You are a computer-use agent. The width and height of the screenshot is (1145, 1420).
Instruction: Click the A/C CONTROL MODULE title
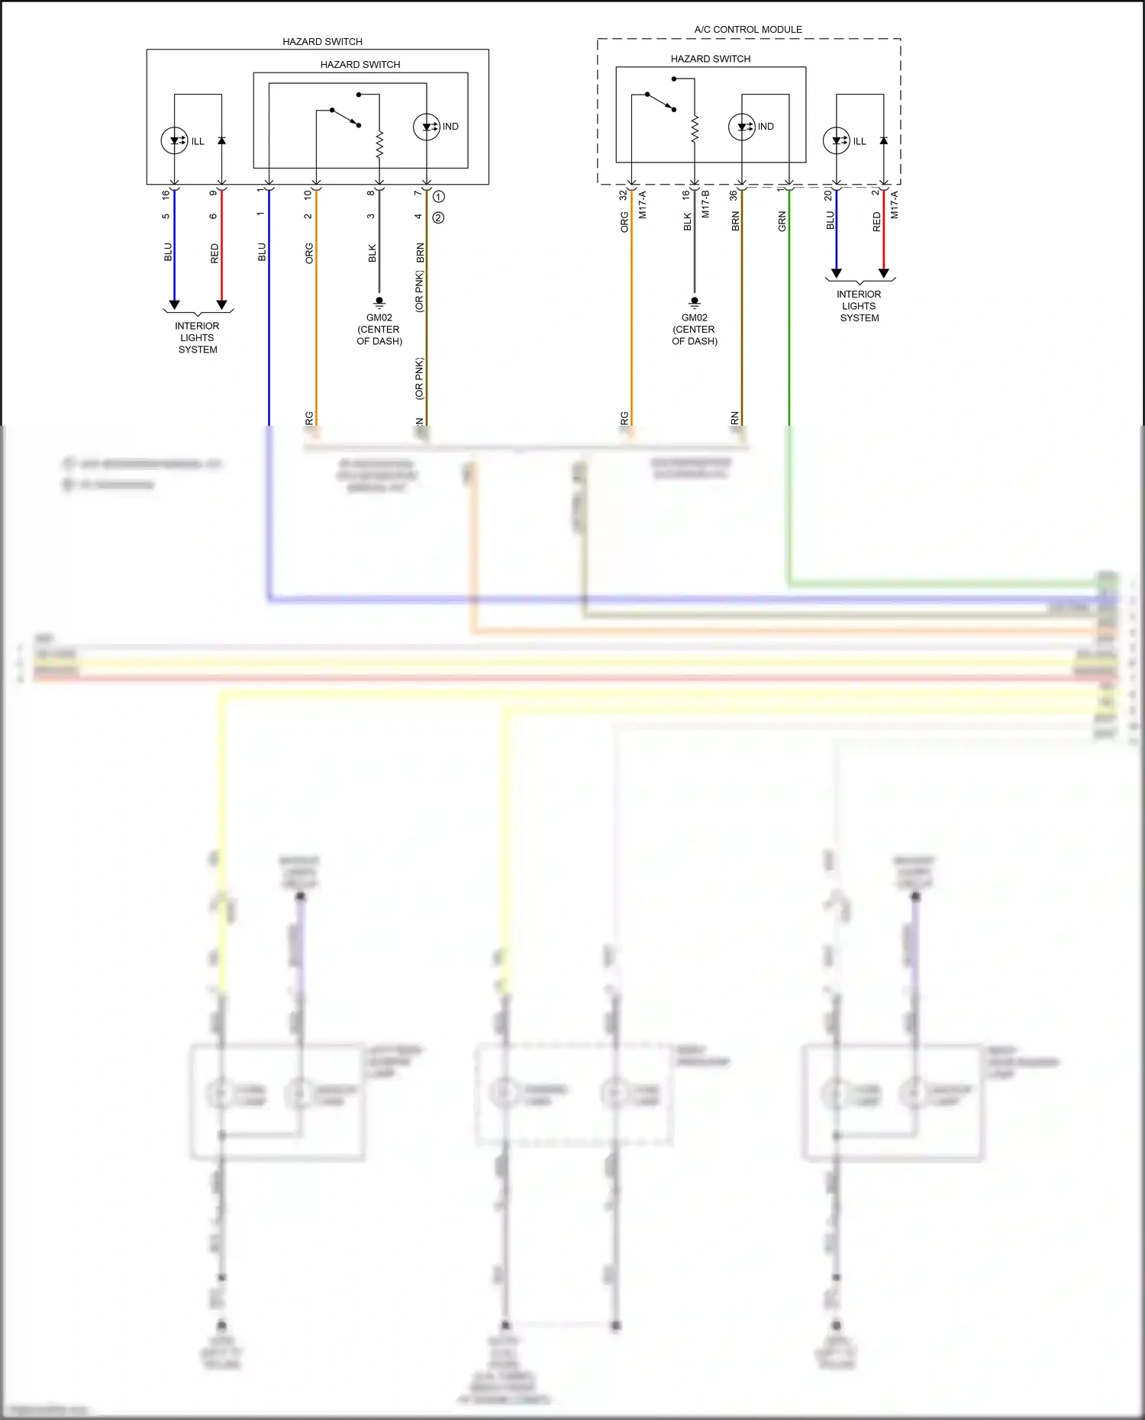click(x=748, y=30)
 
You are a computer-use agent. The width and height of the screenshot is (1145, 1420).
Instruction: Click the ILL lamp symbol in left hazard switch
click(x=175, y=140)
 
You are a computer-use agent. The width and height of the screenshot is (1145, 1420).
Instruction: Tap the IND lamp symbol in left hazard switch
click(x=427, y=127)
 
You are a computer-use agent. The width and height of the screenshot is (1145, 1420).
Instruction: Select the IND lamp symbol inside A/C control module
click(x=742, y=127)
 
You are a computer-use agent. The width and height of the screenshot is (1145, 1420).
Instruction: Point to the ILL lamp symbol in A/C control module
click(x=837, y=140)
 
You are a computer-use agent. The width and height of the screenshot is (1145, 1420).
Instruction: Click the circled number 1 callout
click(x=439, y=197)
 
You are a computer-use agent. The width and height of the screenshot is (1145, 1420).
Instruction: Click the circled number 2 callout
click(x=439, y=218)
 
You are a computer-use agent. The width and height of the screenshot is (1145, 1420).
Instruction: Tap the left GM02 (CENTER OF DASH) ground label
click(x=379, y=330)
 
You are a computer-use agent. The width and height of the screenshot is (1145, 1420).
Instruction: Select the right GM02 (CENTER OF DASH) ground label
click(x=695, y=330)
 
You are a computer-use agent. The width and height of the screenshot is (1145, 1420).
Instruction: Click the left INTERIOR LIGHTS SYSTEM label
click(x=197, y=338)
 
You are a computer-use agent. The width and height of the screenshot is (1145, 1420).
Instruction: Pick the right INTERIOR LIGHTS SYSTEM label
click(x=859, y=306)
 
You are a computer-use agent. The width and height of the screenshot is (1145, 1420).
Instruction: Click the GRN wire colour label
click(x=782, y=222)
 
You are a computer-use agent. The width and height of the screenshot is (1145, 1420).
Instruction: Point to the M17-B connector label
click(x=705, y=204)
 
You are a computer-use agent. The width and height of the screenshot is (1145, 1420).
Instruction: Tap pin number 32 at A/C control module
click(x=623, y=195)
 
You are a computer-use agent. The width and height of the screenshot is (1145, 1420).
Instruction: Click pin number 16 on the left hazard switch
click(x=166, y=195)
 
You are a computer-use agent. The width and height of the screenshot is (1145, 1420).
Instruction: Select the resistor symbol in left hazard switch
click(x=379, y=144)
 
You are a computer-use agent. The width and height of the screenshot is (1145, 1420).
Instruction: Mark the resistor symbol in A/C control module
click(x=695, y=129)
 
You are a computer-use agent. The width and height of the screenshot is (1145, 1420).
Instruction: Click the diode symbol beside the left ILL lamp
click(x=222, y=141)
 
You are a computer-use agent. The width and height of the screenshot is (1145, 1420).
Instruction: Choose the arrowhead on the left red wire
click(x=222, y=304)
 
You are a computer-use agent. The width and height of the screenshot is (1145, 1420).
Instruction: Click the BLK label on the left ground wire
click(x=372, y=253)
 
